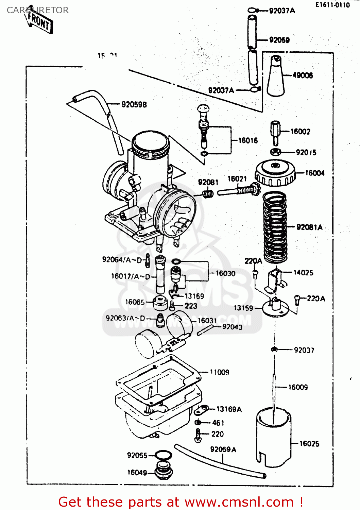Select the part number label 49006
(x=303, y=75)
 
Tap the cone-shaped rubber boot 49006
(x=276, y=76)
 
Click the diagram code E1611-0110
(x=332, y=5)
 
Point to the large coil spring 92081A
(x=275, y=227)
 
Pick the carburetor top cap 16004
(x=275, y=174)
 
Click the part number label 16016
(x=248, y=140)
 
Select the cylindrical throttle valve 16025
(x=274, y=439)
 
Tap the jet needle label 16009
(x=298, y=387)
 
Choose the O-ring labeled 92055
(x=163, y=455)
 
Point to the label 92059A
(x=223, y=449)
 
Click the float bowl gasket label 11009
(x=219, y=372)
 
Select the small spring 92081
(x=208, y=194)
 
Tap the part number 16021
(x=237, y=179)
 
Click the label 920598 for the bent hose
(x=134, y=105)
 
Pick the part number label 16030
(x=225, y=273)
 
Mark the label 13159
(x=243, y=308)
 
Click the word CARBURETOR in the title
(x=38, y=10)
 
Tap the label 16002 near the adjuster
(x=300, y=132)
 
